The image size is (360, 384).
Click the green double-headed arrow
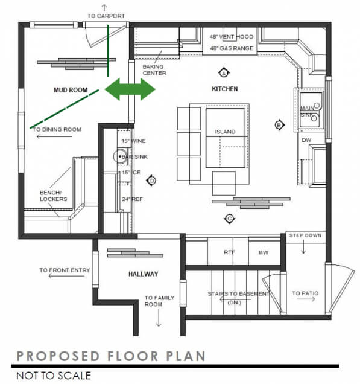coord(130,89)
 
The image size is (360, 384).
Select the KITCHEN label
coord(224,89)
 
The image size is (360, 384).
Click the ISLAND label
coord(225,132)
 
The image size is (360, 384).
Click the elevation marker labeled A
coord(223,73)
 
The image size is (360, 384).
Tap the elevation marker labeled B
coord(279,125)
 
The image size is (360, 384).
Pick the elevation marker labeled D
coord(152,180)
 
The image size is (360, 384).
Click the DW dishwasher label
coord(306,139)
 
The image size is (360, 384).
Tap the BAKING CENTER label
coord(154,70)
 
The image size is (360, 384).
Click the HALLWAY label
coord(143,274)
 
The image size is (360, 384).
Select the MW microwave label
coord(263,252)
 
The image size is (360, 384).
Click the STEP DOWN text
coord(305,235)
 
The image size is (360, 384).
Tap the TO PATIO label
coord(305,293)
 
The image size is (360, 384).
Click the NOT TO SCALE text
coord(54,376)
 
